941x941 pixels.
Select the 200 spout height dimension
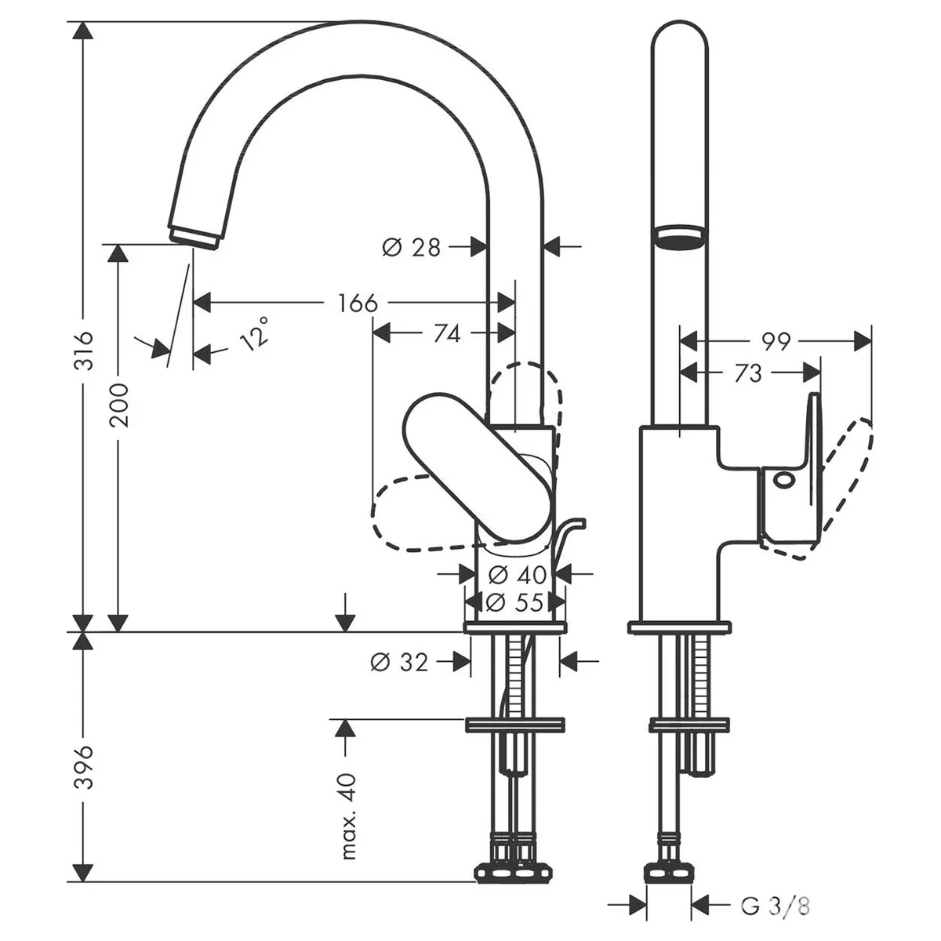pos(119,405)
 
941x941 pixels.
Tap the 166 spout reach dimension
pos(358,303)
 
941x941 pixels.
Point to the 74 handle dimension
pos(447,334)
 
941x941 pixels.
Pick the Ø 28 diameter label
pos(412,247)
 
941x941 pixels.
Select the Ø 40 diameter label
pos(517,575)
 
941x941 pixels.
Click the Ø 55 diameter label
pos(514,602)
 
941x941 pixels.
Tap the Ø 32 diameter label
pos(399,662)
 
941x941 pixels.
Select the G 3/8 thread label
pos(776,892)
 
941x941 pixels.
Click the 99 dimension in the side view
pos(776,341)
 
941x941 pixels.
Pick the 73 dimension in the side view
pos(747,373)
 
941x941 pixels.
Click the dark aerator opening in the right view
pos(680,242)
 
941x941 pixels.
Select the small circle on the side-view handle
pos(783,480)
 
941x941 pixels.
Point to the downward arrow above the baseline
pos(346,612)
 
